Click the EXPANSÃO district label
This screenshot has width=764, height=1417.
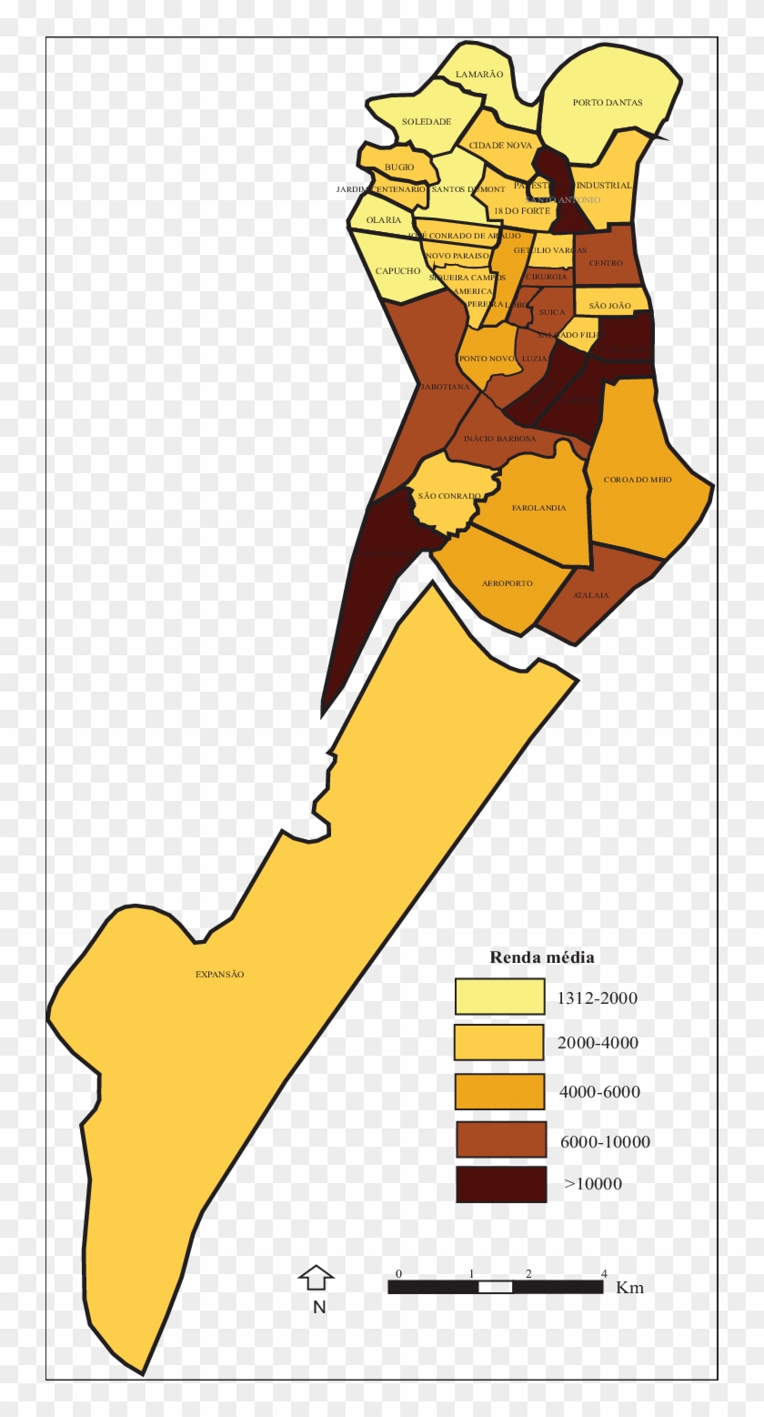tap(220, 974)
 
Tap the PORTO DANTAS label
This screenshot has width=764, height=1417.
tap(608, 103)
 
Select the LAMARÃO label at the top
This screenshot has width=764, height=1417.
tap(479, 75)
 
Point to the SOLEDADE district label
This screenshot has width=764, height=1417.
tap(427, 122)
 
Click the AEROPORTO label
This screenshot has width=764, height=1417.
tap(508, 582)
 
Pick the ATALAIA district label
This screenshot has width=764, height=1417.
tap(591, 595)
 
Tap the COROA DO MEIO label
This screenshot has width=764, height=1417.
tap(638, 479)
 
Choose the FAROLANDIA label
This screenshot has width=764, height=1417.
tap(538, 508)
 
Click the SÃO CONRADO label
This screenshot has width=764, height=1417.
tap(449, 496)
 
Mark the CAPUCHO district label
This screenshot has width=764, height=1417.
tap(398, 271)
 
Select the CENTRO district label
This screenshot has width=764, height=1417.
tap(606, 263)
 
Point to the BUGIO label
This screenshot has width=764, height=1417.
tap(399, 167)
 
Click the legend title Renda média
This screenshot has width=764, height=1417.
tap(542, 956)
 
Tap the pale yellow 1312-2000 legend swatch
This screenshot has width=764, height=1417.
tap(499, 997)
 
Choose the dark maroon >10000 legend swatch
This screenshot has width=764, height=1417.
tap(501, 1184)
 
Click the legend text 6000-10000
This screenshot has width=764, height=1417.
tap(605, 1141)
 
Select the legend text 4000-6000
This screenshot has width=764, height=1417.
tap(600, 1091)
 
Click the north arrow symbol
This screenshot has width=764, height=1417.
tap(317, 1278)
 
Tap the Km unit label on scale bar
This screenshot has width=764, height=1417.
tap(629, 1288)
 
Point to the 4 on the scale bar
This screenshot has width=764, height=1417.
tap(604, 1273)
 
